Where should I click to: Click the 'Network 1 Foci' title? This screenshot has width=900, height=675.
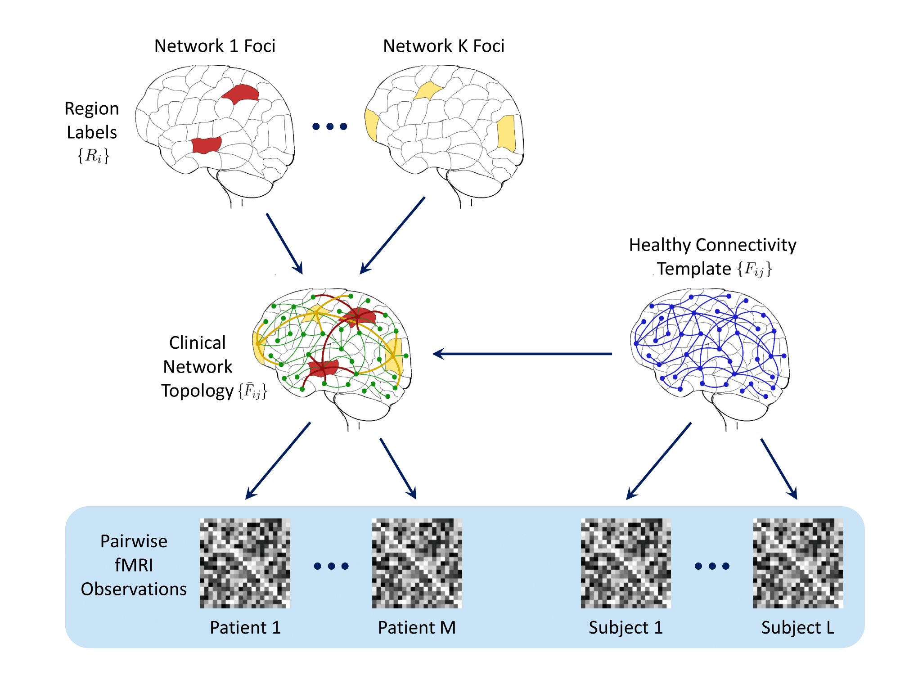[215, 46]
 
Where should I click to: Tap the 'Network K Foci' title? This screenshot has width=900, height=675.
[443, 46]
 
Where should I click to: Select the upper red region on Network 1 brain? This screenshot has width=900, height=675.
[241, 94]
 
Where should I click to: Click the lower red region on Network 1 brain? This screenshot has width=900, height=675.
[206, 145]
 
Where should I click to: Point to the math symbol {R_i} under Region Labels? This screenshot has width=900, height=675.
[93, 156]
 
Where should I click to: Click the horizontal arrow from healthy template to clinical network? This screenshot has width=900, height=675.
[522, 354]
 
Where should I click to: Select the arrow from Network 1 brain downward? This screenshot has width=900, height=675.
[284, 243]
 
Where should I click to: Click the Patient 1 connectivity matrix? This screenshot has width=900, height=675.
[245, 563]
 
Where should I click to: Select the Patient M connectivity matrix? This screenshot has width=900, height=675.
[417, 563]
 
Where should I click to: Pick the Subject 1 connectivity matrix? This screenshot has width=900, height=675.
[625, 563]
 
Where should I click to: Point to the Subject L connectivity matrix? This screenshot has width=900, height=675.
[797, 563]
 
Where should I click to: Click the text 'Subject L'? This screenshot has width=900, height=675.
[797, 628]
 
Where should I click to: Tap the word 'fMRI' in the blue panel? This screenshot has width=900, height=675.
[134, 565]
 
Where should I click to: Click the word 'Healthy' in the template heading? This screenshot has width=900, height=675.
[660, 245]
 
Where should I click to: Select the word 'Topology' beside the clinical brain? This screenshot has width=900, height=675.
[198, 391]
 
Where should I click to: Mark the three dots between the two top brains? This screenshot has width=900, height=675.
[330, 126]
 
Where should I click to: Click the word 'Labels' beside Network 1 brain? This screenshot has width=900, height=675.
[92, 133]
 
